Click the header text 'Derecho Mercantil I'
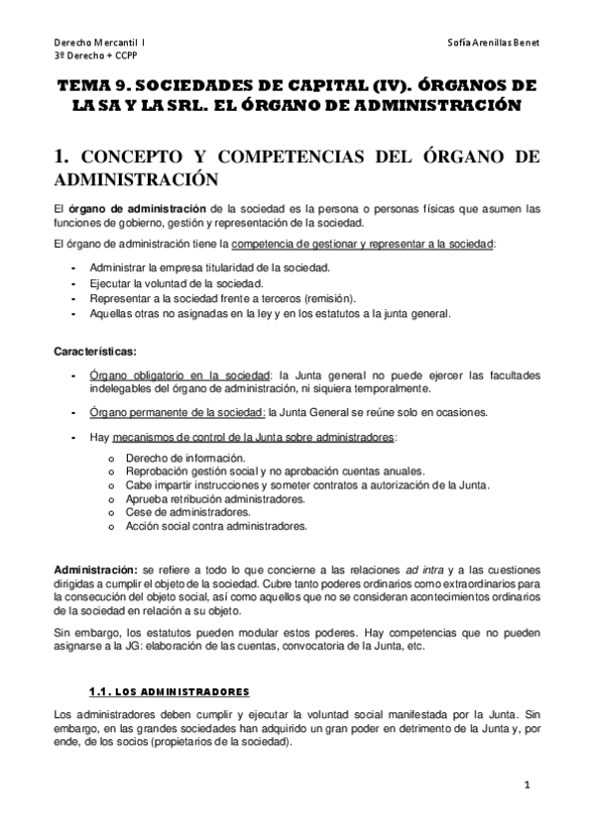[x=98, y=45]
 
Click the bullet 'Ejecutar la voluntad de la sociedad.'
[x=177, y=282]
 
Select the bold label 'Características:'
[x=96, y=350]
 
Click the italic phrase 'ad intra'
[x=425, y=570]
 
